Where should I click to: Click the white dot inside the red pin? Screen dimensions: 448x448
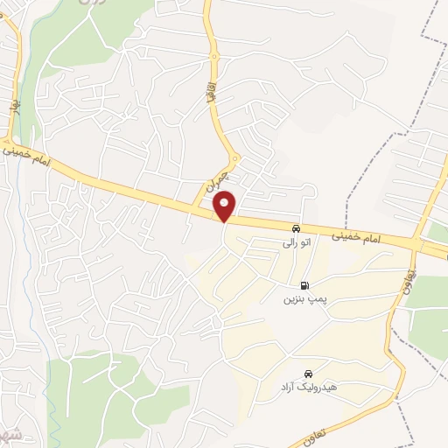tap(226, 206)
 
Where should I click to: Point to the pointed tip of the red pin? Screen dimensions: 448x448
tap(226, 222)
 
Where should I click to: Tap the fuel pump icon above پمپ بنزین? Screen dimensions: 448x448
tap(304, 285)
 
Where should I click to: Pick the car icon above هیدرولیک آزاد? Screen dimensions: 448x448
tap(307, 374)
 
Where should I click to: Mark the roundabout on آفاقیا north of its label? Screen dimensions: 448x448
tap(213, 57)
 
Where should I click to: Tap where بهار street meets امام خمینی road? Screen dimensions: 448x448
tap(9, 140)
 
